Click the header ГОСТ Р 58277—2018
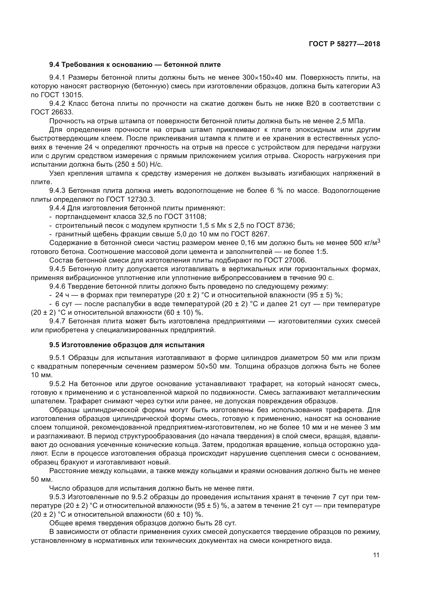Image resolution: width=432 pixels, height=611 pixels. (345, 44)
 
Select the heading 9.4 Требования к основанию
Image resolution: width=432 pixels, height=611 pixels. (135, 65)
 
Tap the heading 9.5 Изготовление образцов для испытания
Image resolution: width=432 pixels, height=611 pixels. (127, 345)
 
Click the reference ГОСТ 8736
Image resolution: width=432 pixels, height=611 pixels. (275, 225)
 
